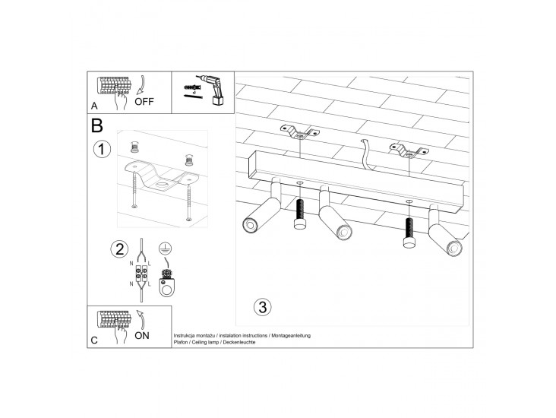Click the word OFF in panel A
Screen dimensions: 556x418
tap(144, 102)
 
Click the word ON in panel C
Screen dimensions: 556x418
tap(142, 336)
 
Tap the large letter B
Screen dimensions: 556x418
tap(96, 125)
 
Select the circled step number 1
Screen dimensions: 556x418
tap(102, 149)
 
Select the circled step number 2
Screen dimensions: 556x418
tap(119, 249)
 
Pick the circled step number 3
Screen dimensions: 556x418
tap(263, 307)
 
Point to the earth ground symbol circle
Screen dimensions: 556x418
tap(165, 249)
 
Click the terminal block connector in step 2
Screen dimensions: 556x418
tap(141, 275)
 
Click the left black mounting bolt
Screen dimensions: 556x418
tap(300, 214)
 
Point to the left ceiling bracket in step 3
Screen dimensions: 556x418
tap(299, 131)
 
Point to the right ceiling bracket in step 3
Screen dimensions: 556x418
tap(409, 150)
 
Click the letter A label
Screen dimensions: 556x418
tap(94, 106)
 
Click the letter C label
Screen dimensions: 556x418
tap(94, 340)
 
